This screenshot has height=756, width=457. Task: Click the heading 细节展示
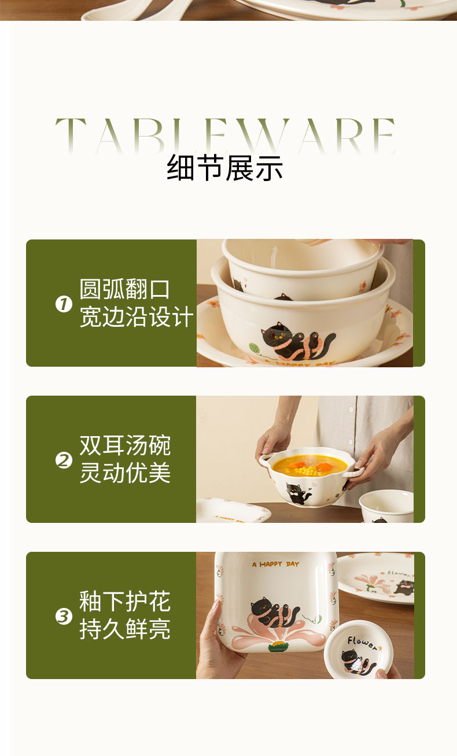(x=224, y=168)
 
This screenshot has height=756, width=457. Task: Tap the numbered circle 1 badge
(x=64, y=304)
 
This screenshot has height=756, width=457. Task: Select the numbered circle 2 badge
(x=64, y=460)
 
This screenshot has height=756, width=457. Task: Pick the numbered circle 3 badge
(x=64, y=616)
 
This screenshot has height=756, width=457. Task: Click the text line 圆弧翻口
(x=124, y=289)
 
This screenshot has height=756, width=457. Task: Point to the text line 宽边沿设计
(x=137, y=316)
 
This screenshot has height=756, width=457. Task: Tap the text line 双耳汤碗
(x=125, y=445)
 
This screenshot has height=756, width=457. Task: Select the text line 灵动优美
(x=125, y=473)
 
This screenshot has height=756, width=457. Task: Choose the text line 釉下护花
(x=125, y=602)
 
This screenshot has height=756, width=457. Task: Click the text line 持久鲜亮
(x=125, y=629)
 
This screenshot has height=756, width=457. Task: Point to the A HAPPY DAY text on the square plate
(x=276, y=565)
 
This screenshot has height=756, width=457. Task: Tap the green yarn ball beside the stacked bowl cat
(x=255, y=348)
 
